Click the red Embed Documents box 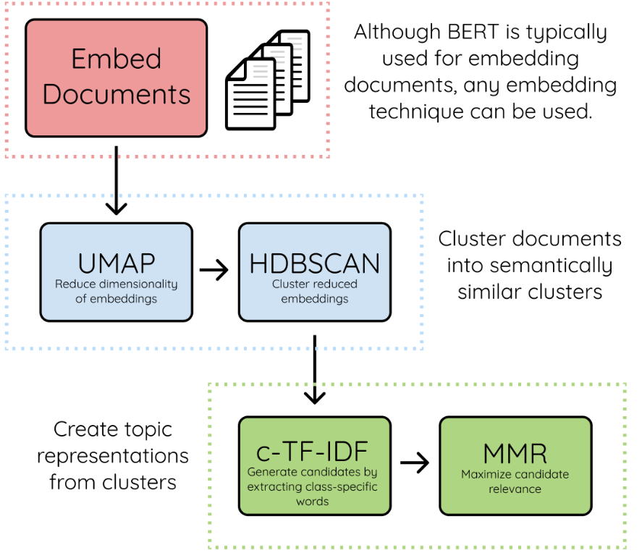tap(117, 77)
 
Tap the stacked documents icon tap(268, 80)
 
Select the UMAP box tap(117, 272)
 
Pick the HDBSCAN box tap(315, 272)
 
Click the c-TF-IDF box tap(315, 466)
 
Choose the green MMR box tap(515, 466)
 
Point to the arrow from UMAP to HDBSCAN tap(214, 270)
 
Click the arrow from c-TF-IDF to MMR tap(415, 463)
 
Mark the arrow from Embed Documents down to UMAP tap(117, 180)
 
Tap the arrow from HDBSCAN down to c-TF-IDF tap(315, 370)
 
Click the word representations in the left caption tap(113, 457)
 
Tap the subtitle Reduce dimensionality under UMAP tap(117, 284)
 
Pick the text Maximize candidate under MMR tap(515, 474)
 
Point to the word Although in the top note tap(397, 32)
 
